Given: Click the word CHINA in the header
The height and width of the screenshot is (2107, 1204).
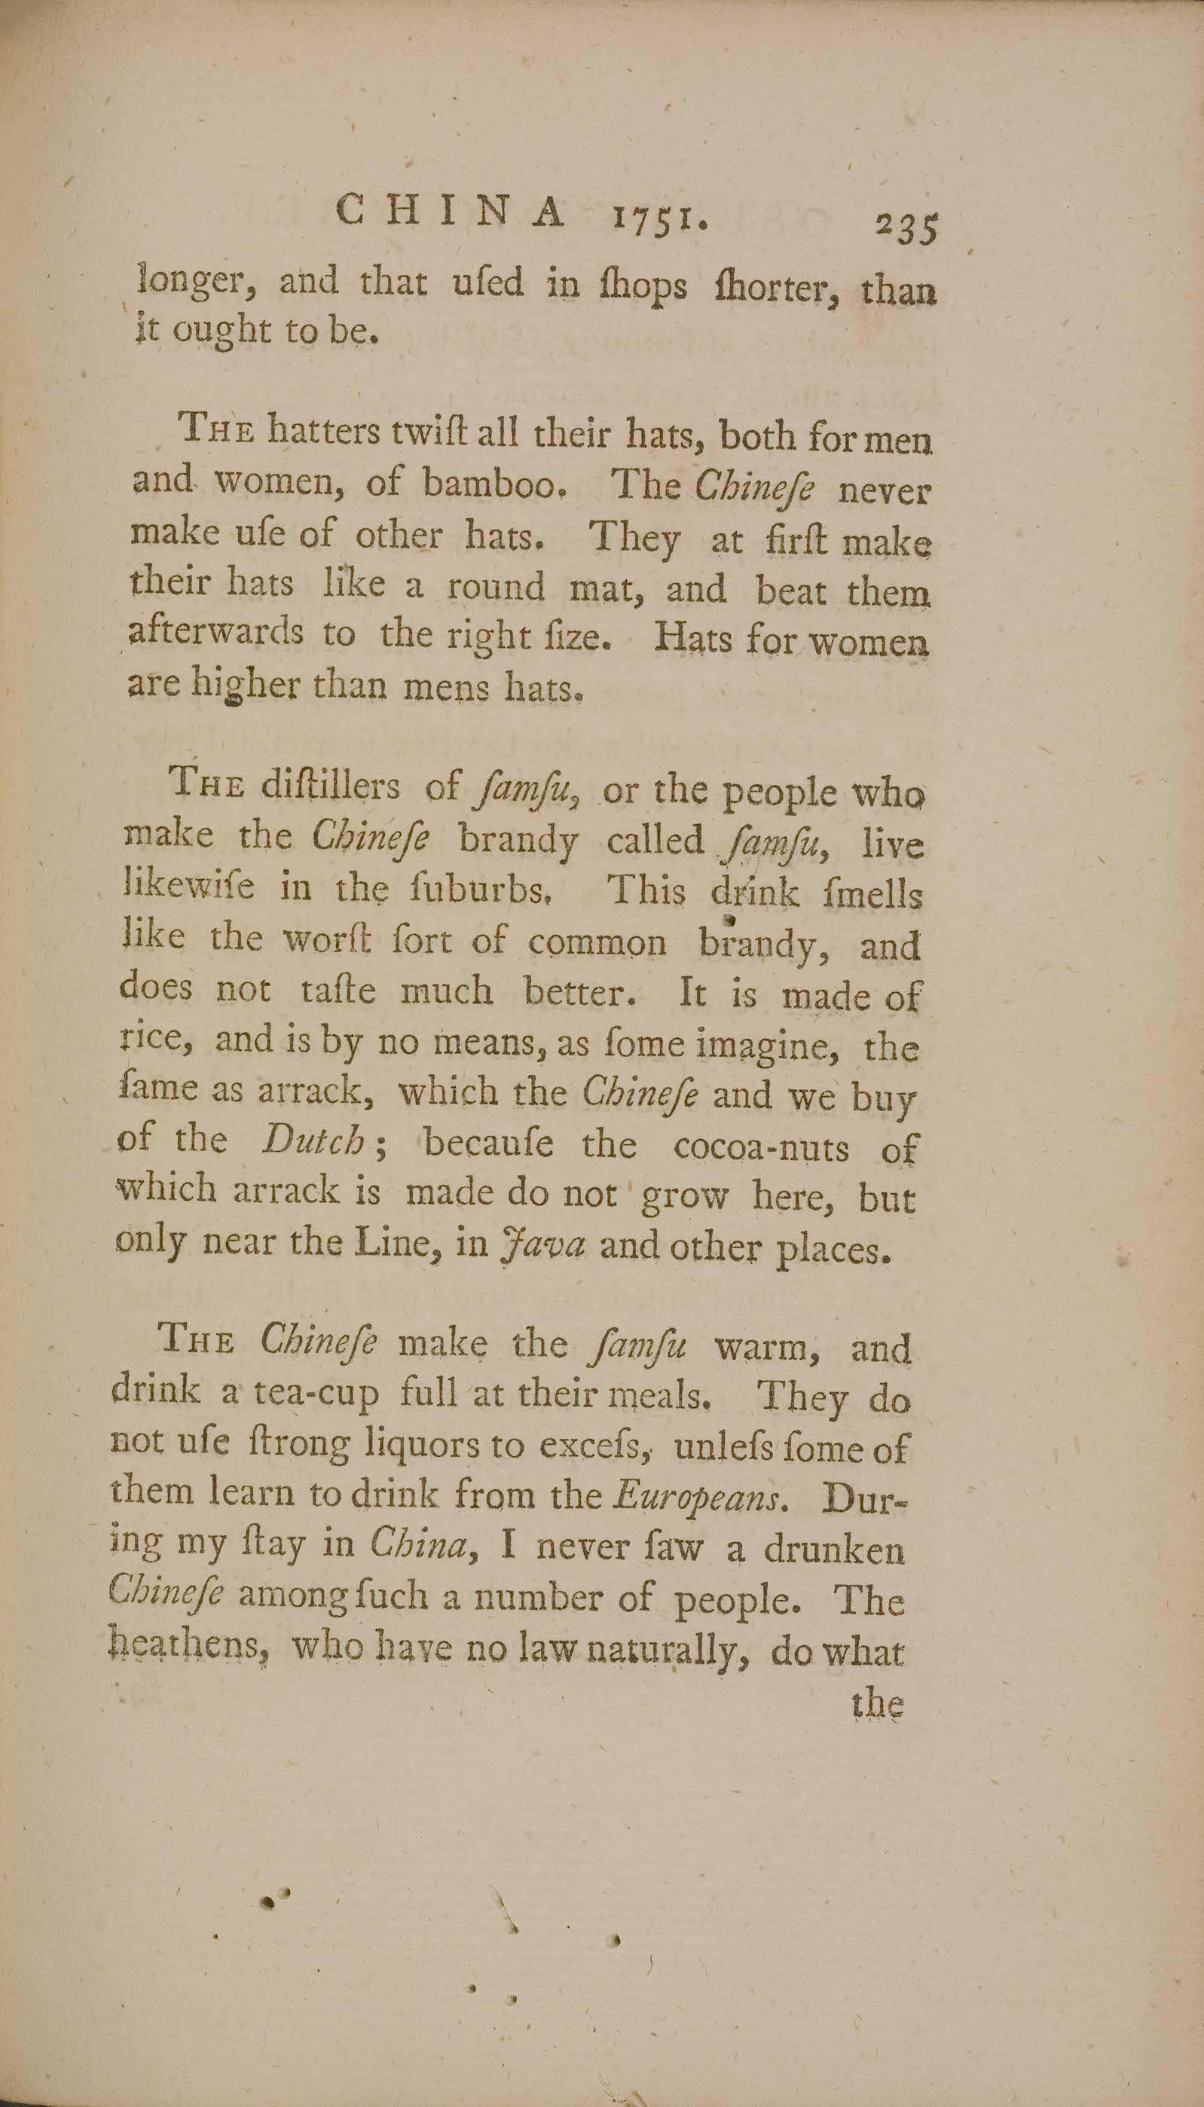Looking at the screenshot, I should (x=453, y=213).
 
